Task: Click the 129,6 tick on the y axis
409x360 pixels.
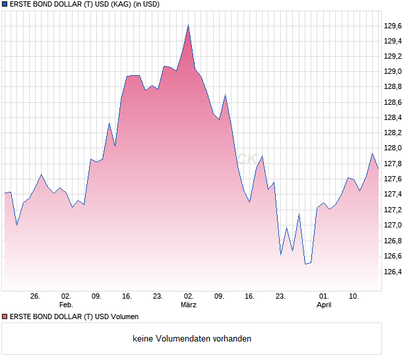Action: pos(393,26)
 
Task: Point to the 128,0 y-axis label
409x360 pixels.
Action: pos(393,148)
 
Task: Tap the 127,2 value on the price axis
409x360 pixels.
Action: pos(393,210)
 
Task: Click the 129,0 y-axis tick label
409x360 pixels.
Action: pos(393,72)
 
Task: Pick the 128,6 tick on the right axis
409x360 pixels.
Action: pos(393,102)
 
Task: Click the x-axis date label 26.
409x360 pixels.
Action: pos(36,297)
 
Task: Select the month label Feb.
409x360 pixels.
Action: pos(66,305)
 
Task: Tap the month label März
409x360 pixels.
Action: pos(189,305)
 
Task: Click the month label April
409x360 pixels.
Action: pos(323,305)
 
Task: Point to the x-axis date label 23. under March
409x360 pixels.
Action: pos(280,297)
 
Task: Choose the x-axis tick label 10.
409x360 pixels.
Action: pos(354,297)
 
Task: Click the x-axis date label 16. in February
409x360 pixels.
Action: pos(127,297)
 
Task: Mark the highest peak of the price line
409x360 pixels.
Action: pos(188,26)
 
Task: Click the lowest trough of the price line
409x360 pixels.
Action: pos(305,264)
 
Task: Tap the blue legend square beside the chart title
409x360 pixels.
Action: pos(5,4)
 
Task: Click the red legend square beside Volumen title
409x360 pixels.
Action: pos(5,317)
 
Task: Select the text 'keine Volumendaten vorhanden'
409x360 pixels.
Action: pos(192,339)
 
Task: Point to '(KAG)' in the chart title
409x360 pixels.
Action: pos(110,4)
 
